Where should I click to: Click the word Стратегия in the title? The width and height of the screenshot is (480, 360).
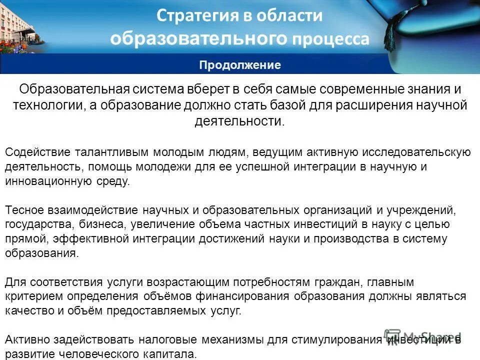point(192,15)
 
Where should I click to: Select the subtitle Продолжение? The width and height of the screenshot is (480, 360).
point(240,65)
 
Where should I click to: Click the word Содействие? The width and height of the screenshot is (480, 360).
point(37,151)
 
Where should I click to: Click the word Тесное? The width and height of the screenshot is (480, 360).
point(25,209)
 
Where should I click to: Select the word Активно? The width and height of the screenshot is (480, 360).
point(27,339)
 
